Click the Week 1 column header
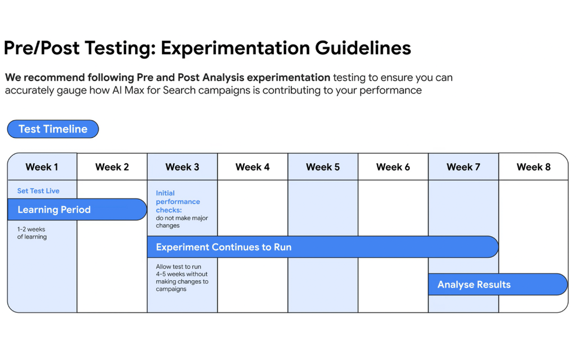pyautogui.click(x=42, y=167)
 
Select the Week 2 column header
pyautogui.click(x=112, y=167)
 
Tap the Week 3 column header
pyautogui.click(x=182, y=167)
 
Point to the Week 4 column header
pyautogui.click(x=252, y=167)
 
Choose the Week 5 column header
pyautogui.click(x=323, y=167)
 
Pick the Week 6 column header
pyautogui.click(x=393, y=167)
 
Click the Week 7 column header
pyautogui.click(x=463, y=167)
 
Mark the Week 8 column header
pyautogui.click(x=533, y=167)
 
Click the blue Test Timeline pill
pyautogui.click(x=53, y=129)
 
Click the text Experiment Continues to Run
pyautogui.click(x=224, y=247)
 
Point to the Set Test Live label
pyautogui.click(x=38, y=191)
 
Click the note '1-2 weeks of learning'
pyautogui.click(x=32, y=233)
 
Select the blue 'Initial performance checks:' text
pyautogui.click(x=178, y=202)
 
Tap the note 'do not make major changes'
pyautogui.click(x=181, y=222)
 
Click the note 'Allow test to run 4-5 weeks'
pyautogui.click(x=182, y=278)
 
